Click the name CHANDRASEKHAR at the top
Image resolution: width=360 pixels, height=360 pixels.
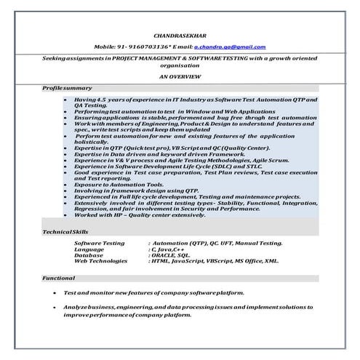point(179,34)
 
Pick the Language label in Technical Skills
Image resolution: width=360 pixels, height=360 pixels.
point(89,249)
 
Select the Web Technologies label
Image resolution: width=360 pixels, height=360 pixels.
point(103,261)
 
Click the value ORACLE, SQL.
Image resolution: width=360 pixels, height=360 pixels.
point(170,255)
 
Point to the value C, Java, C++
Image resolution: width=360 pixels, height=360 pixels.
point(167,249)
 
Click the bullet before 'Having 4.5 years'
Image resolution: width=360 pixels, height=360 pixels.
point(66,97)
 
